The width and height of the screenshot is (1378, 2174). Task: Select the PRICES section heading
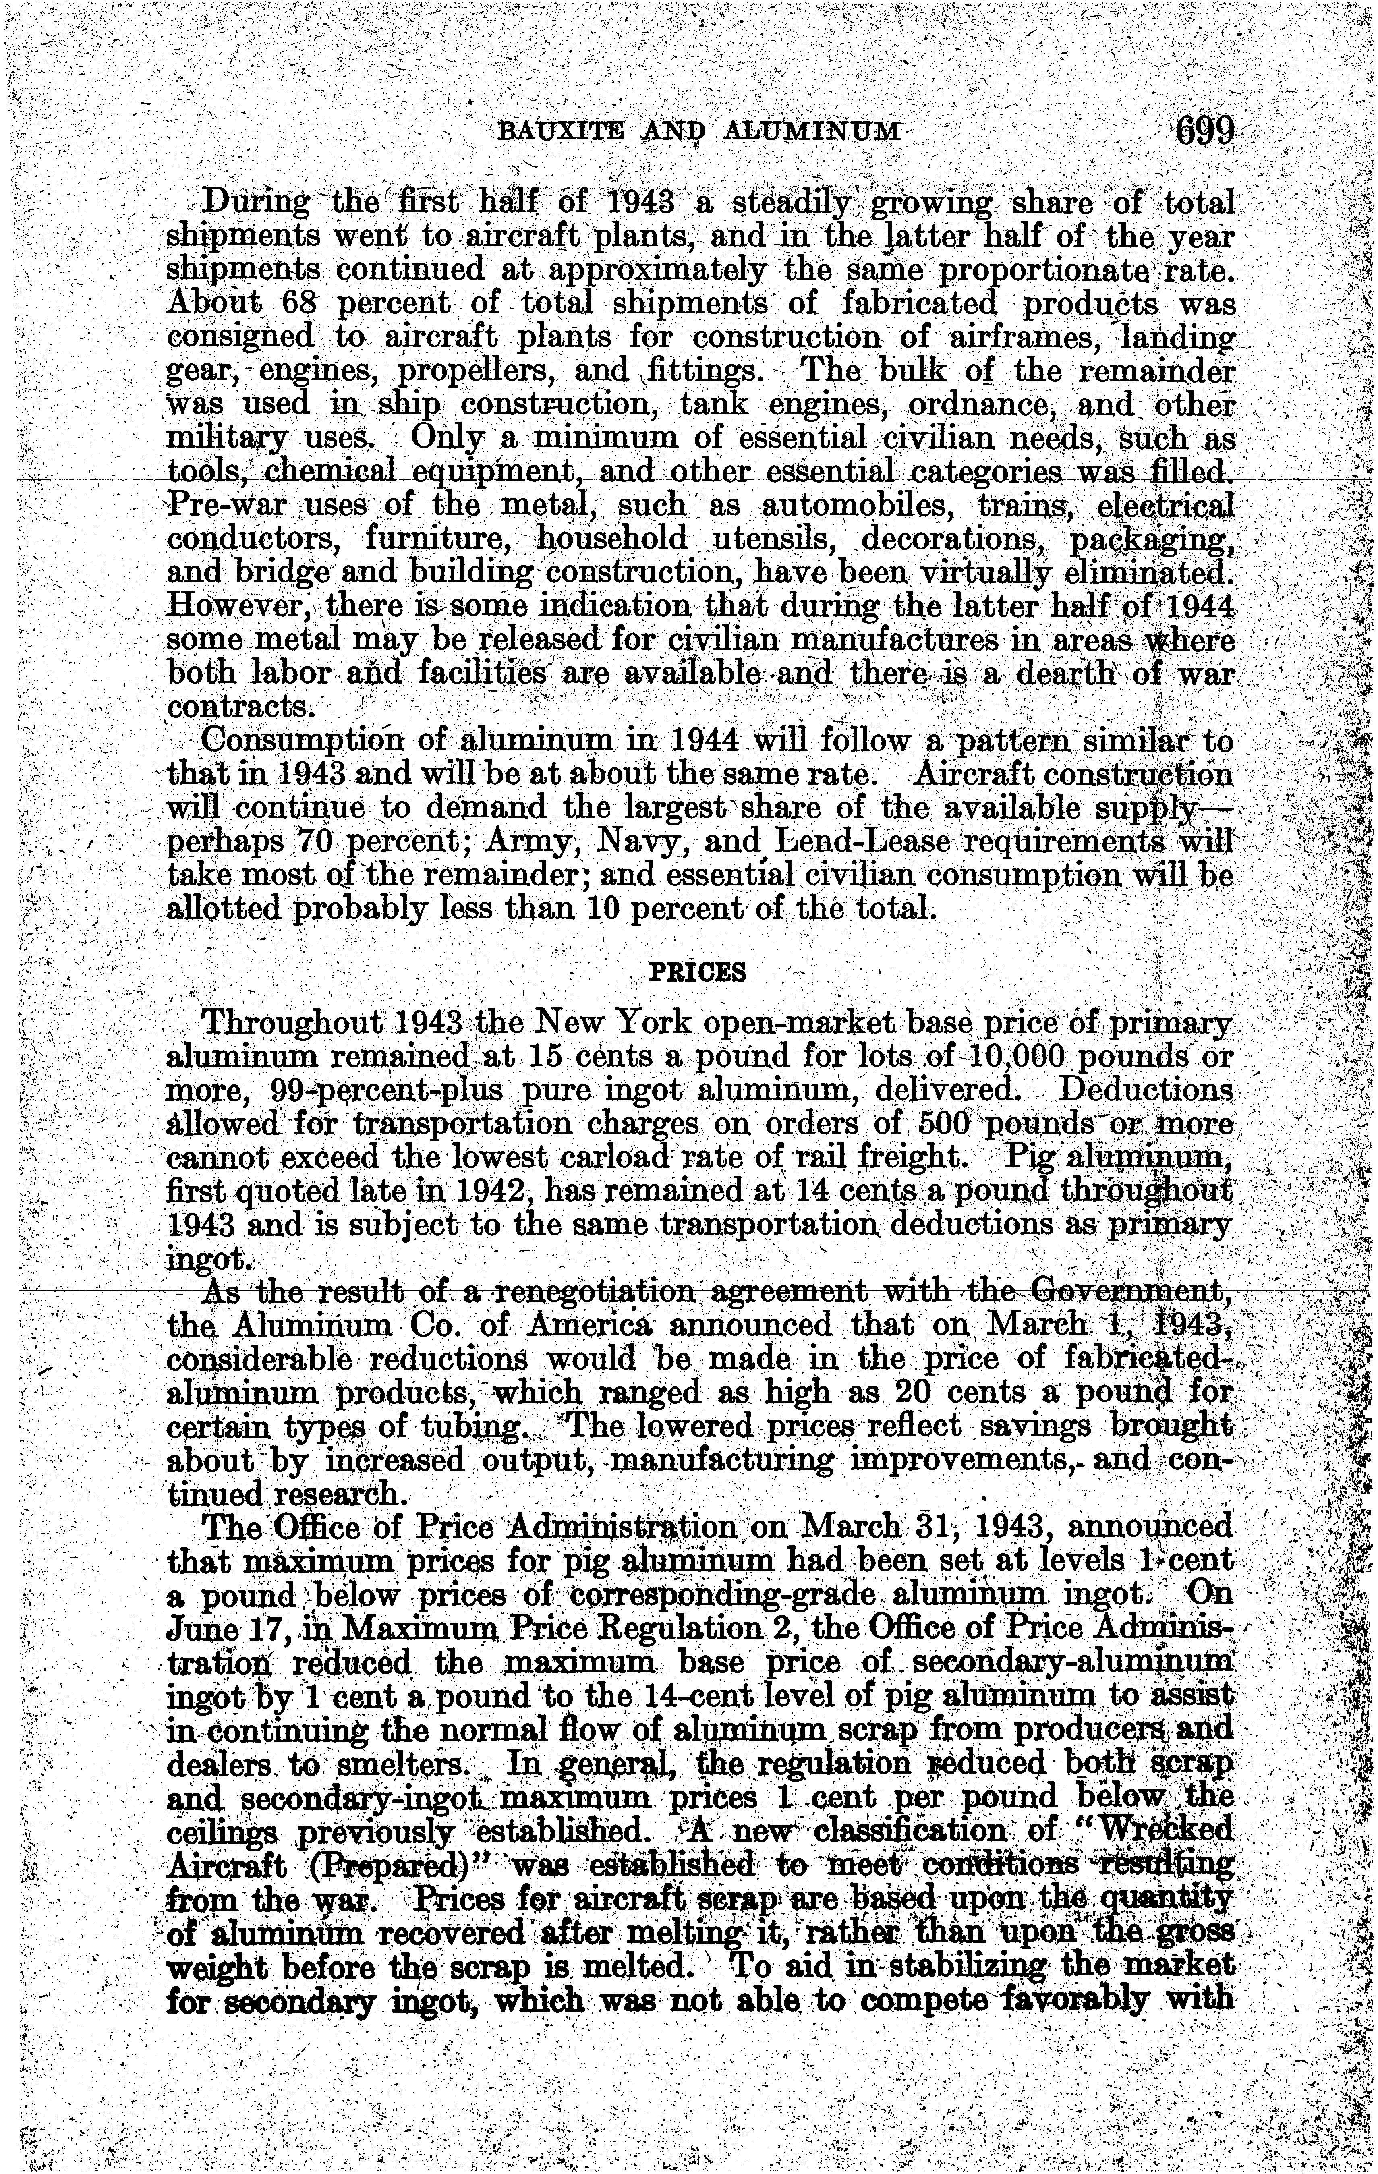tap(697, 972)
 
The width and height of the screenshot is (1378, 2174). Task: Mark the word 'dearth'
tap(1073, 674)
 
